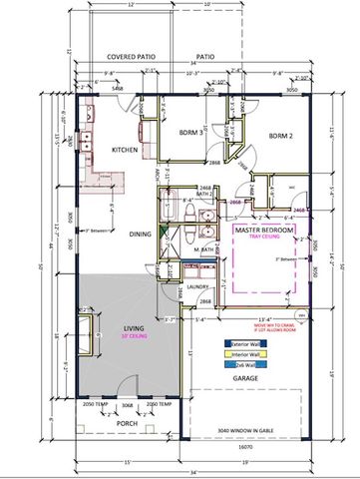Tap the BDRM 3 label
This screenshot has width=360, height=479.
pos(193,132)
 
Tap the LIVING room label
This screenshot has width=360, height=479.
pos(135,327)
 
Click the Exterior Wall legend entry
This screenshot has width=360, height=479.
pos(243,342)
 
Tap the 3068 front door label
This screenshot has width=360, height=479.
pos(127,405)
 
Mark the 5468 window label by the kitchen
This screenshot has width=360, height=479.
pos(117,89)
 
